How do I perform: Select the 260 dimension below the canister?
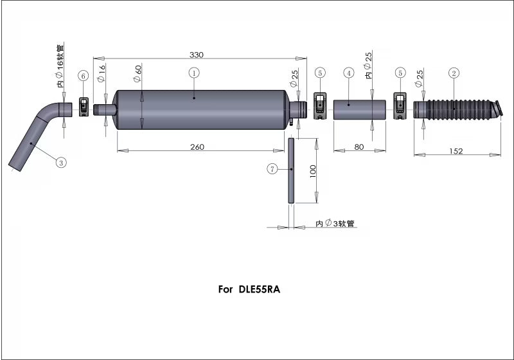coord(197,147)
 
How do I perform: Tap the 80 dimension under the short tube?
coord(359,147)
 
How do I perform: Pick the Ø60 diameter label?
coord(137,75)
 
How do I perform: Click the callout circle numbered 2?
coord(454,73)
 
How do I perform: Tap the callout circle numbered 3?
coord(60,163)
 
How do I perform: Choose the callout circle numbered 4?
coord(348,73)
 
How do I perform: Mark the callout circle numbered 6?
coord(83,75)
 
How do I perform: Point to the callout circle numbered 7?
coord(272,169)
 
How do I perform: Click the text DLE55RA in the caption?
coord(259,289)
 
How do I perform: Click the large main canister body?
coord(199,109)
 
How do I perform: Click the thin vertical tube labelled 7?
coord(291,171)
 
